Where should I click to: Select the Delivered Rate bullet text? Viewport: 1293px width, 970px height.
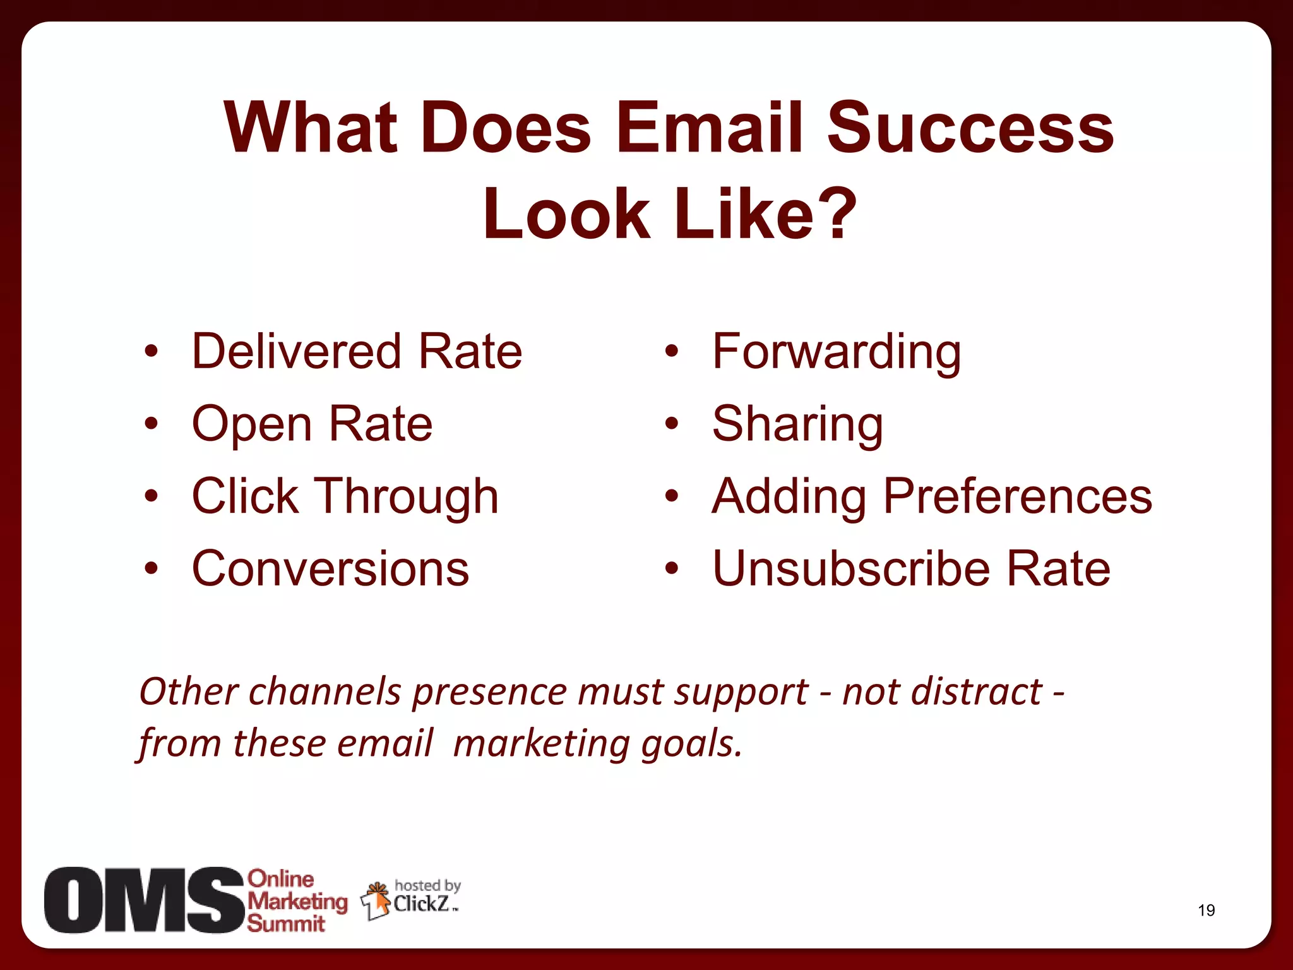357,351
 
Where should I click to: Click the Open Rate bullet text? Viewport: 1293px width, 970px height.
312,424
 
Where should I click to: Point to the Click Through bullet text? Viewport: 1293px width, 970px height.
345,496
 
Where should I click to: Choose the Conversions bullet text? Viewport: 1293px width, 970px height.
330,568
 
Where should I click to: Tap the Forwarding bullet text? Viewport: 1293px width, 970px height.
836,352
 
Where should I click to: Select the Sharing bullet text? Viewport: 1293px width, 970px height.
797,424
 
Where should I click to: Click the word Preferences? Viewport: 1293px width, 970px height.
1017,496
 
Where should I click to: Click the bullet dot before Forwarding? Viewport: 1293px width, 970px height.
671,351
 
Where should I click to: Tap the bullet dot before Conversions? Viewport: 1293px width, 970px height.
150,568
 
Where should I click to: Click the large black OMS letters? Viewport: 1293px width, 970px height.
143,900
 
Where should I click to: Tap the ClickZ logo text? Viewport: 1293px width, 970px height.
422,904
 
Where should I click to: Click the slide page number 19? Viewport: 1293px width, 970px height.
1206,910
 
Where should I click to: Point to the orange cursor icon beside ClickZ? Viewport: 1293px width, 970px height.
378,900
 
